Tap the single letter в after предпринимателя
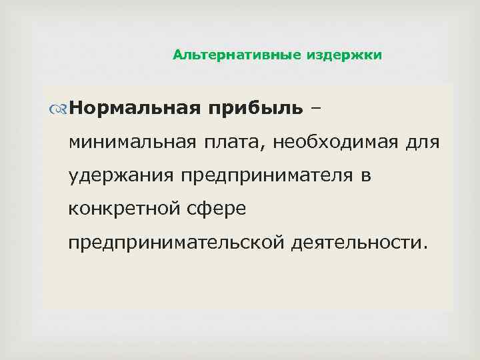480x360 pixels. [366, 177]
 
